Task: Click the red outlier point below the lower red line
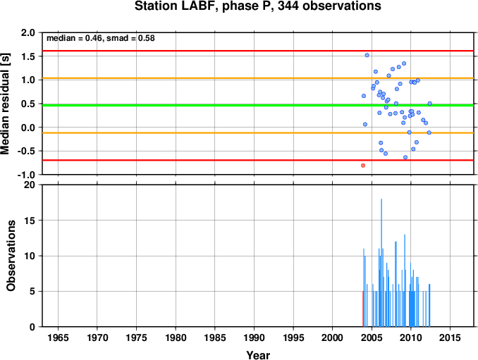coord(363,166)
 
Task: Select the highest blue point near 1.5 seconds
coord(367,55)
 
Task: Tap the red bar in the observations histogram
coord(363,309)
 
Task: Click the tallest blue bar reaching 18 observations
coord(381,263)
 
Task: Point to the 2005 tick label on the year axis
coord(372,337)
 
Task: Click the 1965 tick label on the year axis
coord(58,337)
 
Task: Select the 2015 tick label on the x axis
coord(450,337)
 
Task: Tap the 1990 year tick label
coord(254,337)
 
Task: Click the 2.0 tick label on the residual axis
coord(27,32)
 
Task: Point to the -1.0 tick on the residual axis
coord(26,175)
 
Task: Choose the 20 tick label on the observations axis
coord(30,185)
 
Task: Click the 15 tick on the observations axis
coord(30,221)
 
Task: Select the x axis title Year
coord(258,355)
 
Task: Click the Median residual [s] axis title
coord(5,104)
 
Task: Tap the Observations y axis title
coord(11,256)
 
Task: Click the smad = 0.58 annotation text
coord(130,38)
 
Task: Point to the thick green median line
coord(258,106)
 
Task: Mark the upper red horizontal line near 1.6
coord(258,51)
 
